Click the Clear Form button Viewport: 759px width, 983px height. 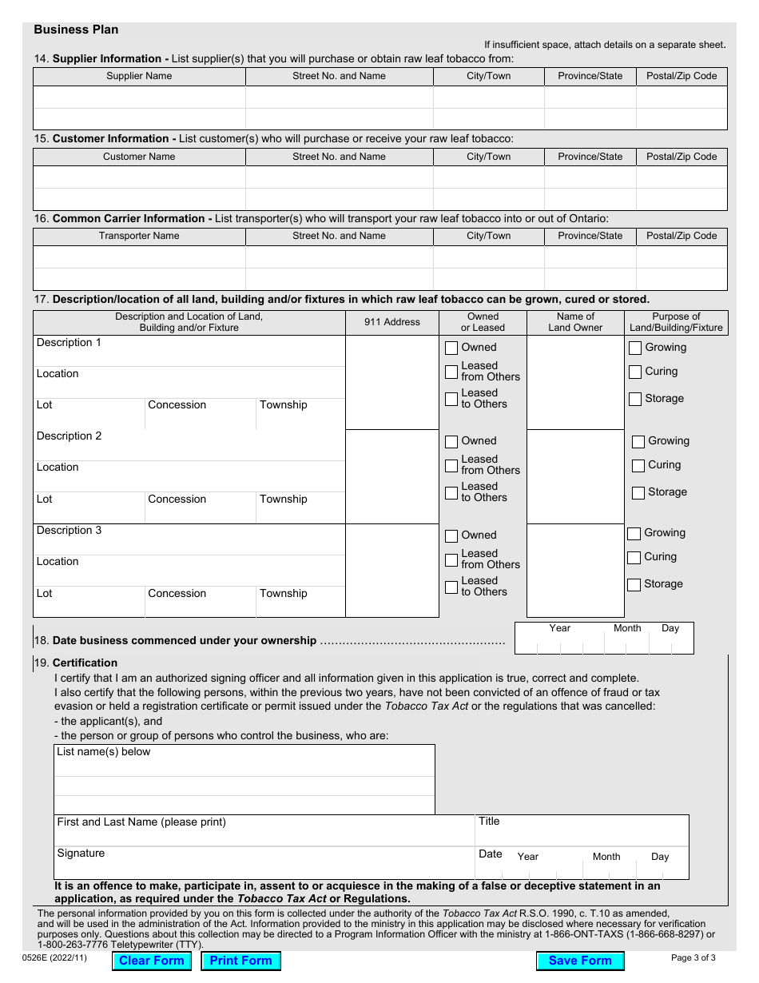coord(152,961)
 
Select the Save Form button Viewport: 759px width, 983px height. coord(580,961)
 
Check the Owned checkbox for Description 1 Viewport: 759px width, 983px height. coord(451,348)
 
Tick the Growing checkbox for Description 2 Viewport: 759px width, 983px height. coord(638,442)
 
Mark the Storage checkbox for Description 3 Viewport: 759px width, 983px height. coord(634,585)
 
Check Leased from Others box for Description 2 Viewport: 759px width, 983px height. coord(451,465)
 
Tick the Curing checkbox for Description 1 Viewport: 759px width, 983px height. coord(635,372)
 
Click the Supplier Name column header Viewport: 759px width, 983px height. coord(139,77)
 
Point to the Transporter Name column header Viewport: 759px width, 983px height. coord(139,236)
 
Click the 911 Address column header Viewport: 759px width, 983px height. coord(391,322)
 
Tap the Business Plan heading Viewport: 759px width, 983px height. coord(76,30)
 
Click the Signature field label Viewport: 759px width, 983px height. coord(81,854)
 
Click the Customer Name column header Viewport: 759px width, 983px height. coord(139,157)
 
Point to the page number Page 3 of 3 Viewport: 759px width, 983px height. coord(693,957)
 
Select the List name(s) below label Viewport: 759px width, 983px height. coord(103,752)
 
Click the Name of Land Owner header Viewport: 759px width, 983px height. coord(575,322)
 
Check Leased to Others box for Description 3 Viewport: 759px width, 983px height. coord(451,587)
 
